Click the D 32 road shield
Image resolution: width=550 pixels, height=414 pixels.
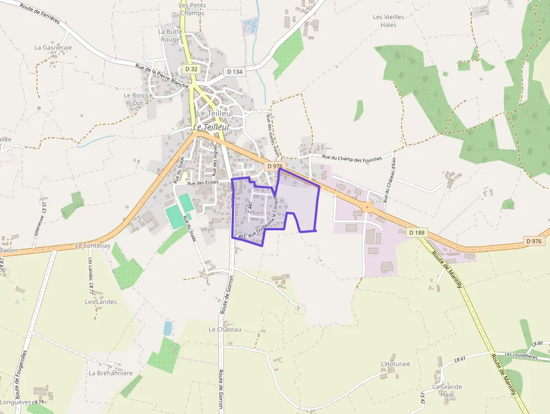click(191, 69)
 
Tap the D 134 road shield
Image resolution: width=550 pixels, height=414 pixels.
click(235, 72)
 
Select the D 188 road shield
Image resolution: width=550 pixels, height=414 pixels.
click(416, 233)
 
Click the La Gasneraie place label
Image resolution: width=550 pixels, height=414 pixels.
click(53, 48)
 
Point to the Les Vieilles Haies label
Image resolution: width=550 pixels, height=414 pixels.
click(388, 21)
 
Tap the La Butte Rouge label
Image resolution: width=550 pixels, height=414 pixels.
click(171, 35)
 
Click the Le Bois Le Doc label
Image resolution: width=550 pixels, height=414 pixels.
click(139, 99)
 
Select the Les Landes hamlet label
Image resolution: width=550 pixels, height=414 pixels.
click(101, 302)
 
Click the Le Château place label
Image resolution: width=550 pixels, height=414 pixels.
click(224, 329)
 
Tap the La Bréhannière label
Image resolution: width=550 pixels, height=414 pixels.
click(111, 373)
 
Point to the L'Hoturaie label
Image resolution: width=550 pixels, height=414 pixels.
click(395, 364)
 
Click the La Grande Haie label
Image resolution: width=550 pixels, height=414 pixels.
click(447, 390)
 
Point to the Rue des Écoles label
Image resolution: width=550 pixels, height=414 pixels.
click(203, 183)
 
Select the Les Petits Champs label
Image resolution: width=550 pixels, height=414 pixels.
click(192, 9)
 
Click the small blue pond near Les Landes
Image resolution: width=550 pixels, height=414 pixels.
click(168, 328)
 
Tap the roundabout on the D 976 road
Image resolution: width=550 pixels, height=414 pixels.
click(368, 207)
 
